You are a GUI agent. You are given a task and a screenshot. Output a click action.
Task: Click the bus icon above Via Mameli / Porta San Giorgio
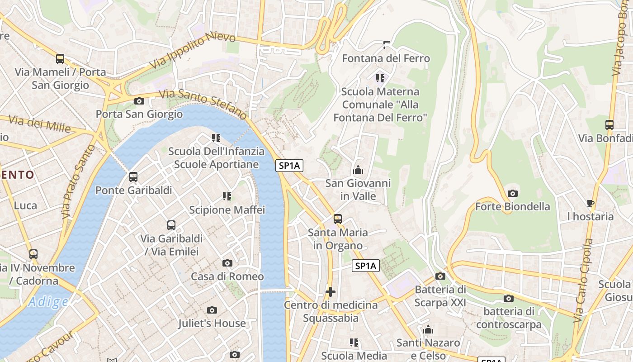click(x=60, y=59)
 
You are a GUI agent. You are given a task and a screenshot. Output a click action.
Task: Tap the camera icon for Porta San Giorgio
click(x=139, y=101)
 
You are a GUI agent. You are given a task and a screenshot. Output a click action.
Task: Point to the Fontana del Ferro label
click(x=386, y=58)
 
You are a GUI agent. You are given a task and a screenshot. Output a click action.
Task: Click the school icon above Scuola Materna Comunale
click(x=380, y=78)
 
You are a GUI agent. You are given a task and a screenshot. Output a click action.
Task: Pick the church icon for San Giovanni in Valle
click(x=358, y=170)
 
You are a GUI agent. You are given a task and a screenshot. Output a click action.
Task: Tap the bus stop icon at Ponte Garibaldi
click(x=133, y=177)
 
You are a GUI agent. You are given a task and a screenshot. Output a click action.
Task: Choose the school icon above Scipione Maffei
click(x=227, y=196)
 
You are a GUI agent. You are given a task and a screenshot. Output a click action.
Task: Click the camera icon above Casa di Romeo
click(x=227, y=263)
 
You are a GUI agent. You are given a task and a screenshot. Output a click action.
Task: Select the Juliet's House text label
click(x=212, y=323)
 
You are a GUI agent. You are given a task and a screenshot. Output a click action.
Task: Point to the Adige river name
click(x=48, y=302)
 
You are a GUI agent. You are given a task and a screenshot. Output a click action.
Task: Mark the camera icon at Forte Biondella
click(x=512, y=193)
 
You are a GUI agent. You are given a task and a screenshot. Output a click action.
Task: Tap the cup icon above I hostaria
click(x=590, y=203)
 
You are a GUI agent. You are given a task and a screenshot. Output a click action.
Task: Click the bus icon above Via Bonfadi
click(x=609, y=125)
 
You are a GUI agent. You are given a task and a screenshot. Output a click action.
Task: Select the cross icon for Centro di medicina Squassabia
click(x=331, y=292)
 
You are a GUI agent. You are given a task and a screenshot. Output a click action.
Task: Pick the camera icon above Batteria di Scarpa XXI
click(x=440, y=276)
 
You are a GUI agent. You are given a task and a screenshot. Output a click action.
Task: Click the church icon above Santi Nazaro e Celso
click(x=428, y=329)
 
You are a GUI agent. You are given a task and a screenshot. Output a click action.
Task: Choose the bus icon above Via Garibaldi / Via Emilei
click(x=171, y=225)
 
